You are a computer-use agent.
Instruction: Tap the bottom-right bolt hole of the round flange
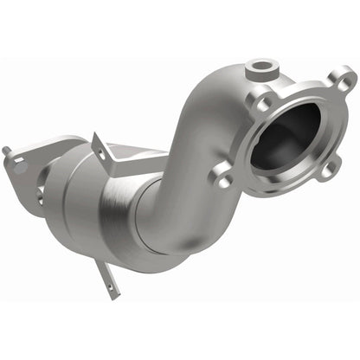tap(326, 170)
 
